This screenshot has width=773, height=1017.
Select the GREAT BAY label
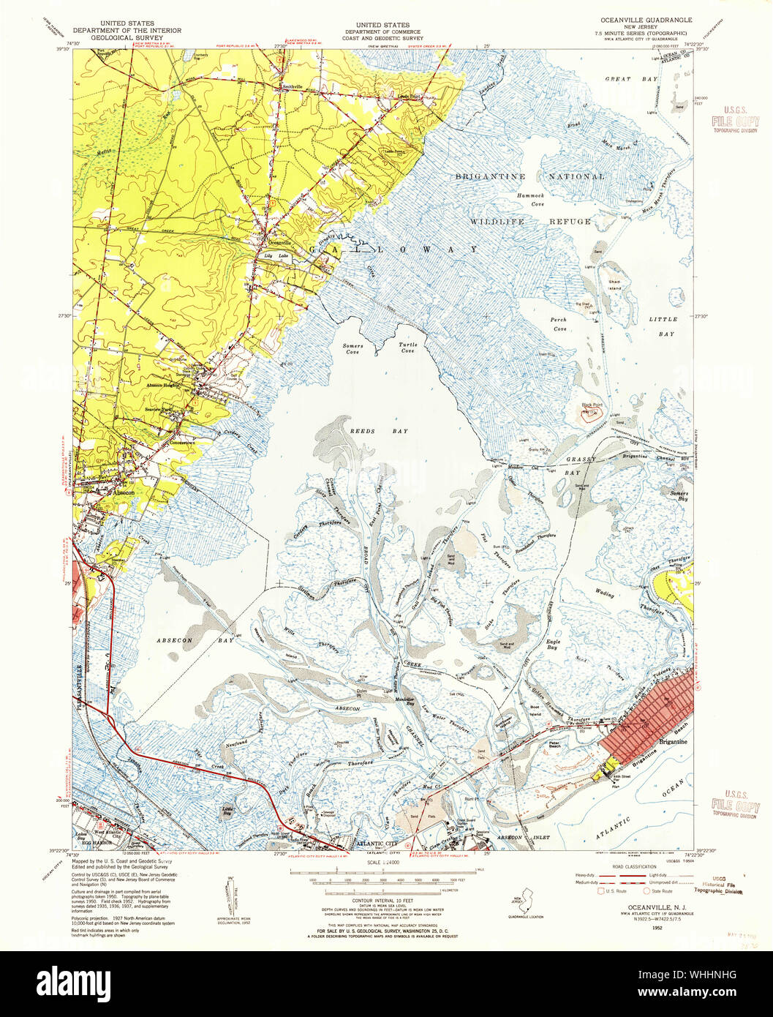pyautogui.click(x=622, y=78)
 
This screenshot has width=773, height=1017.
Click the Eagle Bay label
pyautogui.click(x=554, y=645)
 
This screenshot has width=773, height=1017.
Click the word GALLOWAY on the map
pyautogui.click(x=395, y=249)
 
